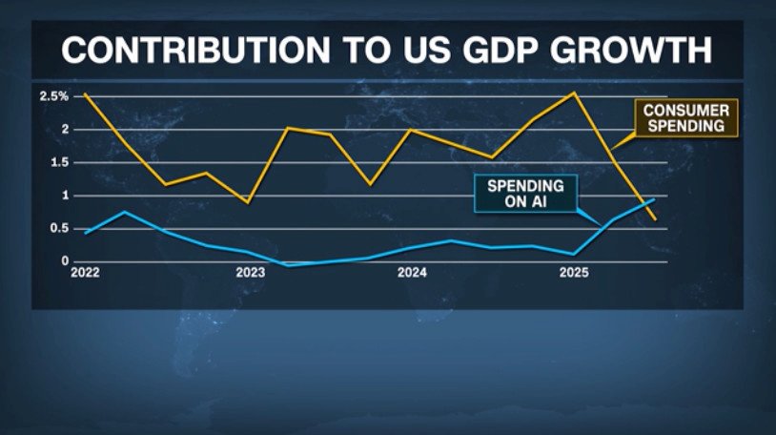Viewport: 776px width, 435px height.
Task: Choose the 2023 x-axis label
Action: [x=251, y=273]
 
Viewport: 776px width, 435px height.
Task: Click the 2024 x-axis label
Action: [x=412, y=273]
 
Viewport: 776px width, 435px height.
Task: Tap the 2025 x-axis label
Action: [x=574, y=273]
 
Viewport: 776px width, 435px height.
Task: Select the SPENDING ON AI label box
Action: [x=525, y=195]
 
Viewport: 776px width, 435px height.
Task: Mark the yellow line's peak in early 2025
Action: [x=573, y=93]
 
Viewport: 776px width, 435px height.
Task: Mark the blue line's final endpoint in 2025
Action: [x=654, y=199]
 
